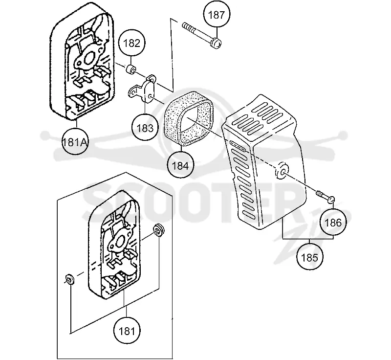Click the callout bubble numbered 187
[217, 15]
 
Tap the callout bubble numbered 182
[131, 44]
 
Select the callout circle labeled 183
[145, 128]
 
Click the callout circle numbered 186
[333, 223]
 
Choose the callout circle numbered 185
[309, 257]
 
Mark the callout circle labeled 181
[127, 331]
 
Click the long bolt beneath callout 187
[202, 35]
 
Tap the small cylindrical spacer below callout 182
[130, 69]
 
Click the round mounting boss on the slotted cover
[282, 171]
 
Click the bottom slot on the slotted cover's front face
[249, 215]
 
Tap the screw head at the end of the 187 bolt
[217, 44]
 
